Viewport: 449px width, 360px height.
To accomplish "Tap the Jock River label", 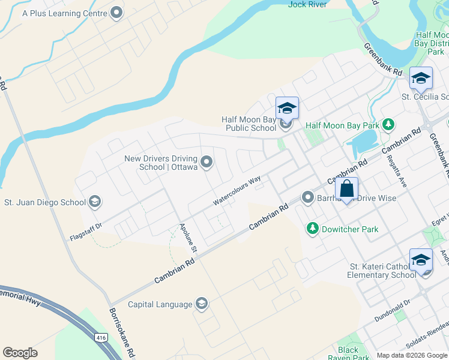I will (307, 4).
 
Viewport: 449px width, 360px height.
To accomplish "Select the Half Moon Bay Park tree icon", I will (389, 125).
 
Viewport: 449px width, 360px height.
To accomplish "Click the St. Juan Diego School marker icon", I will (94, 202).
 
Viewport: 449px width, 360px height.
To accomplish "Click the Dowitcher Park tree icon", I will (312, 229).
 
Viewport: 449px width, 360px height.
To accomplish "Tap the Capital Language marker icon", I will (201, 304).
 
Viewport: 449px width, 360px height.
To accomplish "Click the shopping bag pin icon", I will (347, 188).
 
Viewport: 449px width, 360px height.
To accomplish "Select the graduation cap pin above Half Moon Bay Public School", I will (287, 108).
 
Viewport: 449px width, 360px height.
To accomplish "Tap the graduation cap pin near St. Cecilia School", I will (421, 78).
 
